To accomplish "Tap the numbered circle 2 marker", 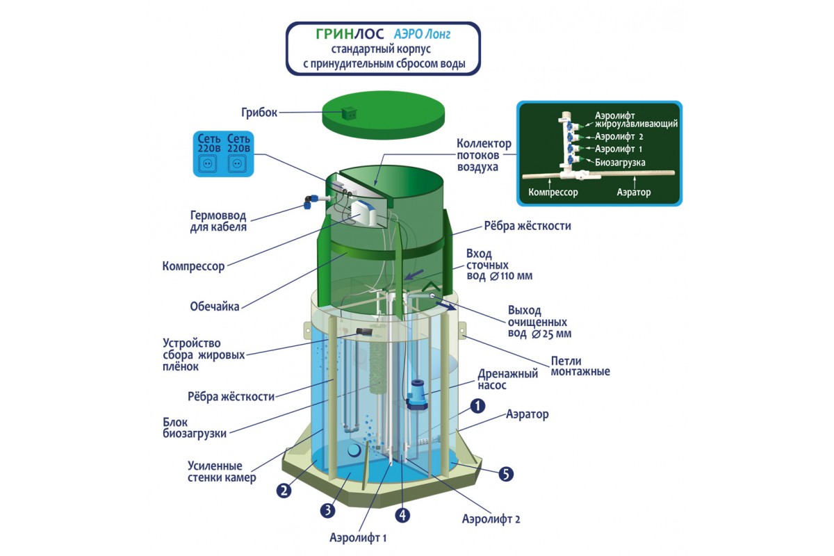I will pos(284,490).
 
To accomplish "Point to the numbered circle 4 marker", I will pos(403,515).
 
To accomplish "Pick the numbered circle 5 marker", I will pos(506,474).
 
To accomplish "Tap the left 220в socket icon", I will pos(208,164).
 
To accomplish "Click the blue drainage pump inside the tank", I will pos(416,396).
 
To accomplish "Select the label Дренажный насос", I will pos(507,379).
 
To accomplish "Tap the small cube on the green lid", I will pos(349,112).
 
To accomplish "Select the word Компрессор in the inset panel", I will pos(553,193).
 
